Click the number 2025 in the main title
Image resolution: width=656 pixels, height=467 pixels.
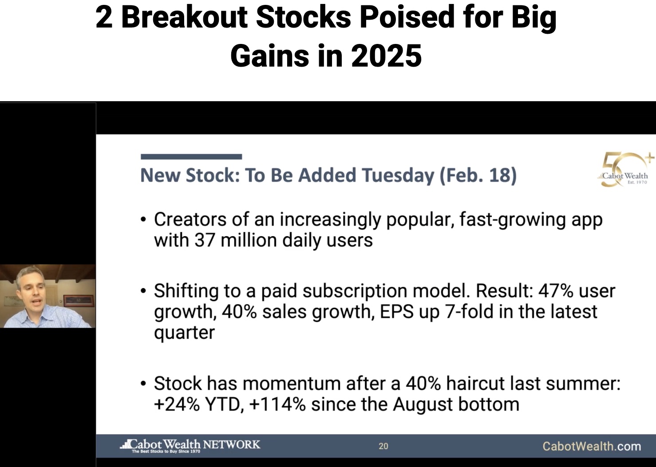click(386, 55)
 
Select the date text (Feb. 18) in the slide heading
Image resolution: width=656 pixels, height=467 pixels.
click(478, 175)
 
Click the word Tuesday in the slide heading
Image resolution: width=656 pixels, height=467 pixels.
click(398, 175)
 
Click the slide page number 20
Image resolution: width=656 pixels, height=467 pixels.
click(383, 446)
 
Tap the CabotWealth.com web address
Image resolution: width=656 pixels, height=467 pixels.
click(592, 446)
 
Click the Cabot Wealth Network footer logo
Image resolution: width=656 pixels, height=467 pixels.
click(190, 446)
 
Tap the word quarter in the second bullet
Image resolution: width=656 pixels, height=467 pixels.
click(185, 333)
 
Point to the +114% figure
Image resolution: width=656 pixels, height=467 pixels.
click(277, 404)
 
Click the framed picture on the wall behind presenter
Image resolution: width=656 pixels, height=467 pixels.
click(79, 301)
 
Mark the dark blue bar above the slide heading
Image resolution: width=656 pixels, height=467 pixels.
click(191, 157)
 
